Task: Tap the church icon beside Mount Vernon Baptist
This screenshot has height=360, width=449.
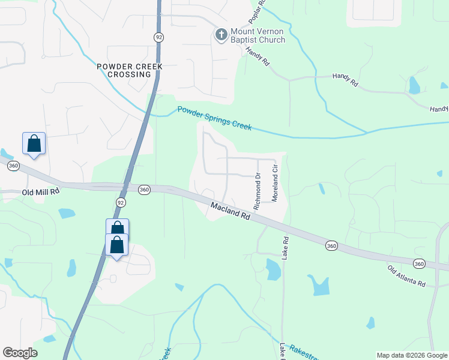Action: click(221, 34)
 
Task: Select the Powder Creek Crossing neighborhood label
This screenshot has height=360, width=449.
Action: click(125, 70)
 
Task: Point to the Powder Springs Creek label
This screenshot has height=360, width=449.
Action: click(214, 118)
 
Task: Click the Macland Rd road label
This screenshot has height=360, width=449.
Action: click(230, 211)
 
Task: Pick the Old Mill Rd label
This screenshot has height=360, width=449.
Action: click(41, 192)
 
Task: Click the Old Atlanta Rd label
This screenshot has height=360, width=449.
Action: click(406, 275)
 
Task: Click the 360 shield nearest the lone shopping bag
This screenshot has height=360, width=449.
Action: click(13, 166)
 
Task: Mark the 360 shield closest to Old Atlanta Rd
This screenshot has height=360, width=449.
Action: click(419, 263)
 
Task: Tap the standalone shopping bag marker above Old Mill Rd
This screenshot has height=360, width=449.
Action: click(34, 144)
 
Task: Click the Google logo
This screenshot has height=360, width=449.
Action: click(20, 353)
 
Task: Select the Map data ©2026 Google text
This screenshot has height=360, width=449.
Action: click(412, 355)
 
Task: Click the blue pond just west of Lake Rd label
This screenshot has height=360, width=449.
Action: click(272, 269)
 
